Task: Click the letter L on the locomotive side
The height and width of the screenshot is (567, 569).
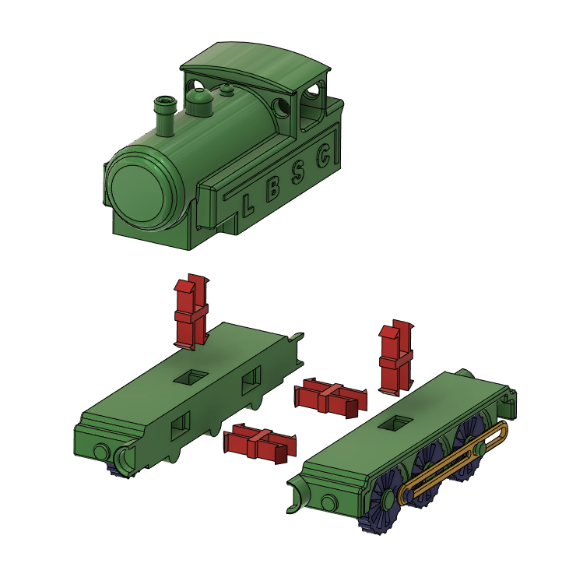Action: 248,206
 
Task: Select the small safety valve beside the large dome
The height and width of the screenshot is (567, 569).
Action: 227,91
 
